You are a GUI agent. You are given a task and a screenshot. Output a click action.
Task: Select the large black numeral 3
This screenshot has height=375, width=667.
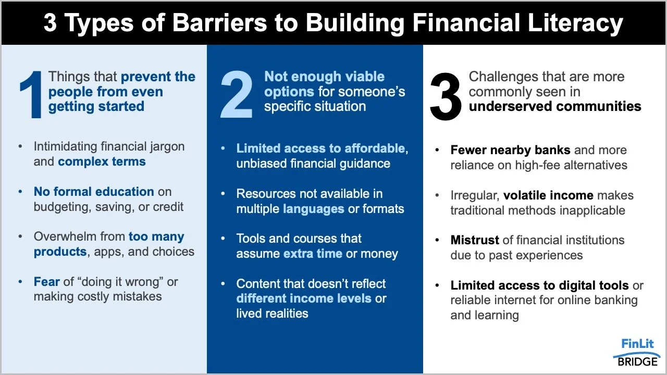tap(446, 97)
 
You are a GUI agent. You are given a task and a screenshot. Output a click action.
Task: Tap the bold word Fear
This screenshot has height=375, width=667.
tap(47, 282)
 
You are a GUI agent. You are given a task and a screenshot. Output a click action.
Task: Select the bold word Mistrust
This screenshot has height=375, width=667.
tap(474, 240)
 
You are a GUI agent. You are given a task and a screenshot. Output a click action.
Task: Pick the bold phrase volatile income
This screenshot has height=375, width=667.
tap(548, 195)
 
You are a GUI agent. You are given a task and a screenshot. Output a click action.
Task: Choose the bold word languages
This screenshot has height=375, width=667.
tap(314, 209)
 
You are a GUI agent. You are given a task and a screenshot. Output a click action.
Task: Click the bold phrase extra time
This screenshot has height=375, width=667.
tap(313, 254)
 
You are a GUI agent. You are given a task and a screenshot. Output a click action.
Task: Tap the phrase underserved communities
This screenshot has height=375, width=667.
tap(555, 106)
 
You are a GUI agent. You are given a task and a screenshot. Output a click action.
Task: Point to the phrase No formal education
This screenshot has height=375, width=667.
tap(94, 191)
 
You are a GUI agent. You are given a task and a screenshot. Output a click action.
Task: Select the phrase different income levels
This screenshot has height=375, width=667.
tap(304, 298)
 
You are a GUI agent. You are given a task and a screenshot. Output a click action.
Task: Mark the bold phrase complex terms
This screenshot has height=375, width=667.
tap(102, 161)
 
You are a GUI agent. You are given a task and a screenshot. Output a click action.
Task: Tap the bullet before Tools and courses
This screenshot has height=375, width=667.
tap(224, 239)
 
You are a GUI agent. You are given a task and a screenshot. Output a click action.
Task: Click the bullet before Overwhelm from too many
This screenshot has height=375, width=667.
tap(21, 236)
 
